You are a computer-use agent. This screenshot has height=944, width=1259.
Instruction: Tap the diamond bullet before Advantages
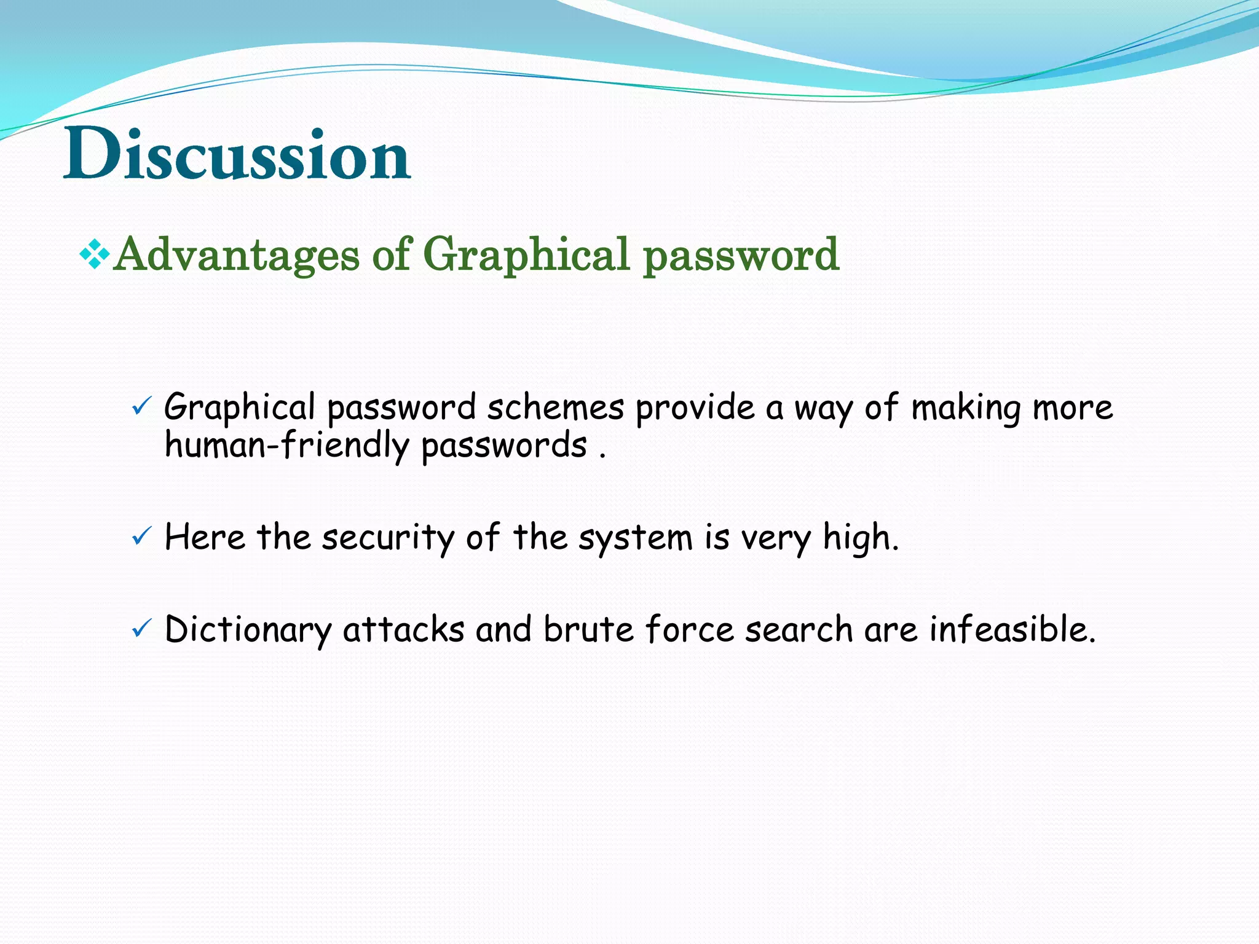[x=95, y=254]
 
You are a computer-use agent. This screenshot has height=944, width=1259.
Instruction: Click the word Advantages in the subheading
[x=237, y=254]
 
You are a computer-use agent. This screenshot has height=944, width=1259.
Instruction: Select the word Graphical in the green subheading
[x=526, y=254]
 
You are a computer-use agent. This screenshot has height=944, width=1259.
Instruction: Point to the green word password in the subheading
[x=741, y=255]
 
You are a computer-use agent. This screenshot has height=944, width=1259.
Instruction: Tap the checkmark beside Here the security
[x=141, y=537]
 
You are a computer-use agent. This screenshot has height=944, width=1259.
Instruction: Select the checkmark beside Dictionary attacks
[x=141, y=628]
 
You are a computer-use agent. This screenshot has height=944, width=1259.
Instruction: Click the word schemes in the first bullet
[x=556, y=407]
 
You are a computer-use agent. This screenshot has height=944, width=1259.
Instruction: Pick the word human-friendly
[x=286, y=445]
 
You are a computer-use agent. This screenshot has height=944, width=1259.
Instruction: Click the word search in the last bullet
[x=799, y=629]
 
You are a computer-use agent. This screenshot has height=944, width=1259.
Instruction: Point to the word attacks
[x=403, y=629]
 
